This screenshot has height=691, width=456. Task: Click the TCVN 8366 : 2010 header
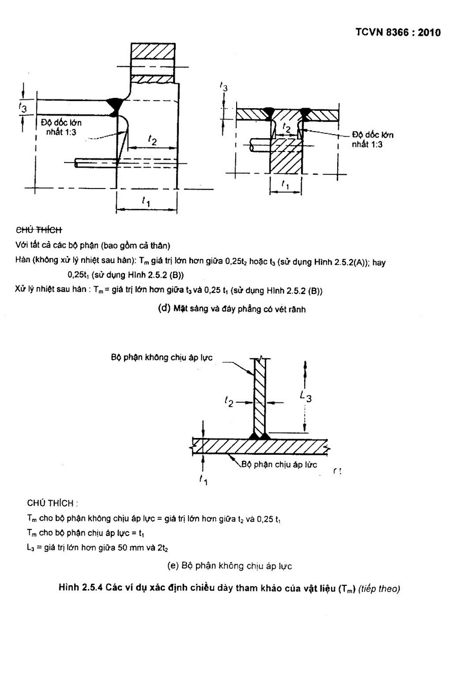(398, 32)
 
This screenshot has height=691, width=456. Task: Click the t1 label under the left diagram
(146, 202)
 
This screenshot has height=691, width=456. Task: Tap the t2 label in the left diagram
(152, 140)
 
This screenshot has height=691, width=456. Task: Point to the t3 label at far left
(23, 108)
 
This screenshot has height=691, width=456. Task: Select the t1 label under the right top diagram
(285, 184)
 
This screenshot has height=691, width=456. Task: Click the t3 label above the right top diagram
(224, 87)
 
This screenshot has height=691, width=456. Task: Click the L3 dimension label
(306, 396)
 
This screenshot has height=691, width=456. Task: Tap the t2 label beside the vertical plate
(229, 401)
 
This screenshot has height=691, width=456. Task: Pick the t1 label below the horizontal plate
(203, 480)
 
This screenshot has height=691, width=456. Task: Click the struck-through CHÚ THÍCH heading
(39, 230)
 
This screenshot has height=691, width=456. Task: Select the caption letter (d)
(164, 308)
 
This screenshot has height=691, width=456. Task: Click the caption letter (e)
(173, 566)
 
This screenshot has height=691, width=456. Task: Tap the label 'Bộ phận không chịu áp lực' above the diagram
(161, 358)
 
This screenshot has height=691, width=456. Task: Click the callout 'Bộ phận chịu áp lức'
(279, 464)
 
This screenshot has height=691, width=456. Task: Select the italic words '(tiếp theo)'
(379, 588)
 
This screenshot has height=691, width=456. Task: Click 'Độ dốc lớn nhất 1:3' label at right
(372, 139)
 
